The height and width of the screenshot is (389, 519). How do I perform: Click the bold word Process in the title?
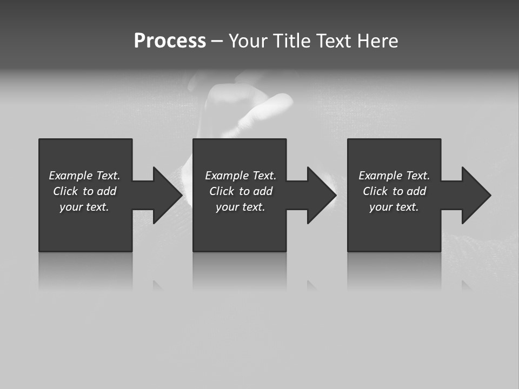170,41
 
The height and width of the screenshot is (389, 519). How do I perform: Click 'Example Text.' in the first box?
84,176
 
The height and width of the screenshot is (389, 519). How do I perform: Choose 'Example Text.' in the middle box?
241,176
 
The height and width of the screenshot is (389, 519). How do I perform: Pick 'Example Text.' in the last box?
394,176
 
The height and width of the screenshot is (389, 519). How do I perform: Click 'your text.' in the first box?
84,207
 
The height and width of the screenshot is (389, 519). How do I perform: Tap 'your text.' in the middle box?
241,207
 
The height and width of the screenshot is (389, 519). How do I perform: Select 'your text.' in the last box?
394,207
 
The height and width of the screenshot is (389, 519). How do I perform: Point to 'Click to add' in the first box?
84,191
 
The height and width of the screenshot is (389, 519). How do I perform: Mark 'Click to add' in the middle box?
241,191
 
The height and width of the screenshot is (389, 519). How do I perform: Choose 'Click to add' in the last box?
394,191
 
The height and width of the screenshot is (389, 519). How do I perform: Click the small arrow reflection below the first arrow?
157,285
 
